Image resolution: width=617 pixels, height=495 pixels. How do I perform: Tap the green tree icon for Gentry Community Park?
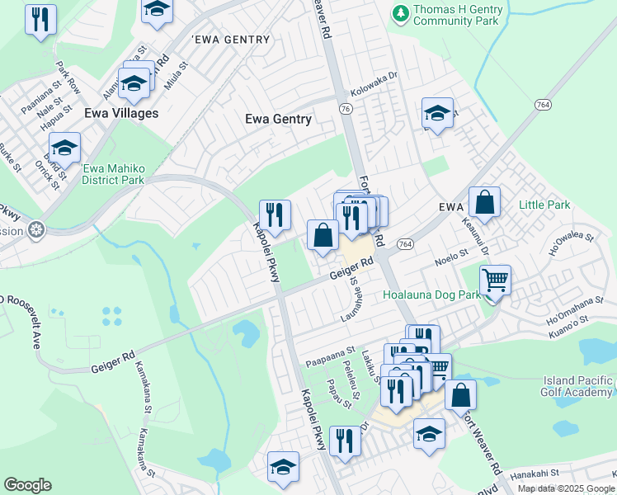coord(400,13)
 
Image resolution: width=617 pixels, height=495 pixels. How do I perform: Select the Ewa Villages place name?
coord(120,113)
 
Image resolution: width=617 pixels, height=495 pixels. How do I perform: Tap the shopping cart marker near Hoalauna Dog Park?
coord(494,282)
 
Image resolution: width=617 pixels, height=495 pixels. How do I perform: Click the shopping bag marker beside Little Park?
coord(484,203)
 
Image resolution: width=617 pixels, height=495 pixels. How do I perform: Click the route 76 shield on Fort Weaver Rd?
coord(345,109)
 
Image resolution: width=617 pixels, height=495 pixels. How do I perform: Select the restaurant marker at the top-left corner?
coord(40,19)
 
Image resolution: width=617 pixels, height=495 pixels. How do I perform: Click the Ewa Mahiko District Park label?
coord(114,174)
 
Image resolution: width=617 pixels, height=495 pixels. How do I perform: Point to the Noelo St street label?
coord(451,260)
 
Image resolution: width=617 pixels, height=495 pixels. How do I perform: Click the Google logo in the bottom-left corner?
coord(27,485)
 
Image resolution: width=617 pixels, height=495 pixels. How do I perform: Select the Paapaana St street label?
coord(329,361)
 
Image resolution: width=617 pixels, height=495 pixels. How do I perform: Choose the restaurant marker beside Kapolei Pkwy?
coord(276,217)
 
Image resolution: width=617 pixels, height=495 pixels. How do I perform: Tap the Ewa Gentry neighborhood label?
coord(278,119)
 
